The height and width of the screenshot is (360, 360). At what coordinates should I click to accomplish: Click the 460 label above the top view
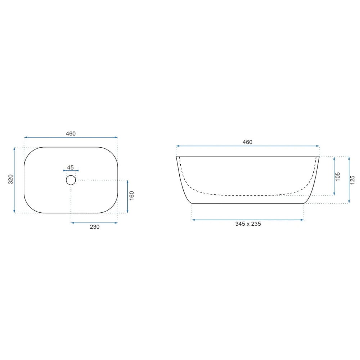(x=71, y=134)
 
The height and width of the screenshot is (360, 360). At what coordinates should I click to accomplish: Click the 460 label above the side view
(x=248, y=142)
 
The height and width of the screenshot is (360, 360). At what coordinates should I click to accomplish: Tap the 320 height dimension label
(x=10, y=179)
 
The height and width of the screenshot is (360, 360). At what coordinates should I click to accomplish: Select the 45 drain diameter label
(x=71, y=167)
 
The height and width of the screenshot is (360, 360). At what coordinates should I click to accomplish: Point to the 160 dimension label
(x=131, y=195)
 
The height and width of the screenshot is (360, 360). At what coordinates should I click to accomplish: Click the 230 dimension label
(x=95, y=227)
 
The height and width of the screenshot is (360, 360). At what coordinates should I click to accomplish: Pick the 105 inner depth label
(x=338, y=177)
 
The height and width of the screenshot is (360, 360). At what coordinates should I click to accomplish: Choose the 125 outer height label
(x=353, y=180)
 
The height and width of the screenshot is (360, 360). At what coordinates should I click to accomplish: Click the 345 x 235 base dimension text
(x=248, y=224)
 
